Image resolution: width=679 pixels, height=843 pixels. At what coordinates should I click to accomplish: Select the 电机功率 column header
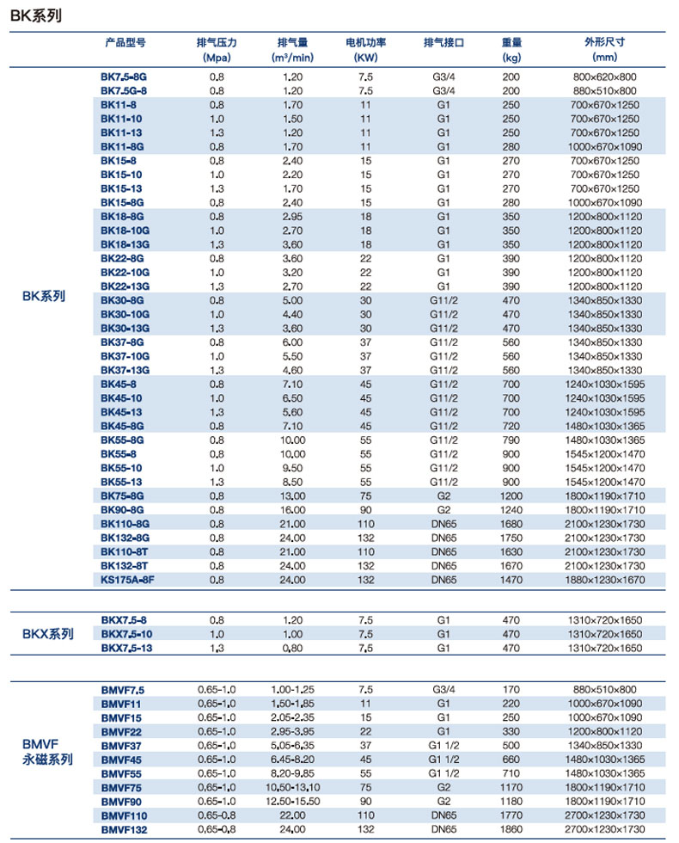(x=365, y=42)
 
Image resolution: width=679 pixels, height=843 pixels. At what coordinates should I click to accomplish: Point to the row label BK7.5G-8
(x=124, y=90)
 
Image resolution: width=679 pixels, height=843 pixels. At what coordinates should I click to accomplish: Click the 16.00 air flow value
(x=294, y=510)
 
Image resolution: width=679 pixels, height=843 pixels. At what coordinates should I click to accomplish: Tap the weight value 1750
(x=511, y=538)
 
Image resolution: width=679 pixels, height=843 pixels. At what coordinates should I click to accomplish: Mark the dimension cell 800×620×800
(x=605, y=77)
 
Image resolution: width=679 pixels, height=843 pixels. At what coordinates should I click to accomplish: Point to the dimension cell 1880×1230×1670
(x=605, y=580)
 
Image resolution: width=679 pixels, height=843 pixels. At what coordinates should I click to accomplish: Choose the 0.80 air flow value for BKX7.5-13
(x=294, y=647)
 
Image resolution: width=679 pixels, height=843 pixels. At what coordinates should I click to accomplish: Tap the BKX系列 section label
(x=47, y=634)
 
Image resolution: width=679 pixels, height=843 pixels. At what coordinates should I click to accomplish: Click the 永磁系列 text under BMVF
(x=47, y=760)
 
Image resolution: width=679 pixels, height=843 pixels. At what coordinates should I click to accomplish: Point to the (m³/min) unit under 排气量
(x=294, y=58)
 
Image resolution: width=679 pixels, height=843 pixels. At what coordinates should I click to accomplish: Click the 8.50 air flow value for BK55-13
(x=294, y=482)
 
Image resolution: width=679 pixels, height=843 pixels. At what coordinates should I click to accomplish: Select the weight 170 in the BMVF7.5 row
(x=511, y=690)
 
